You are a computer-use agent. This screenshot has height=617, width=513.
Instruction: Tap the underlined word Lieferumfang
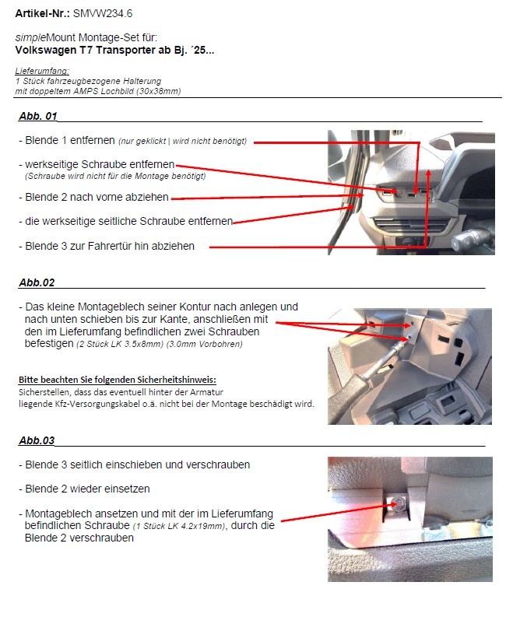pos(37,71)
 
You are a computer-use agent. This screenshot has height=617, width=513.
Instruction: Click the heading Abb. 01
pos(37,117)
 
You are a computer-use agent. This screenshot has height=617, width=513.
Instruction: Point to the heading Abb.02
pos(36,282)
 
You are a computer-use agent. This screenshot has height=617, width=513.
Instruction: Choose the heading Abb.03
pos(36,440)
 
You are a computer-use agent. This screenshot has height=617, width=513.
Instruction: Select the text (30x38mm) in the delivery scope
pos(161,91)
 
